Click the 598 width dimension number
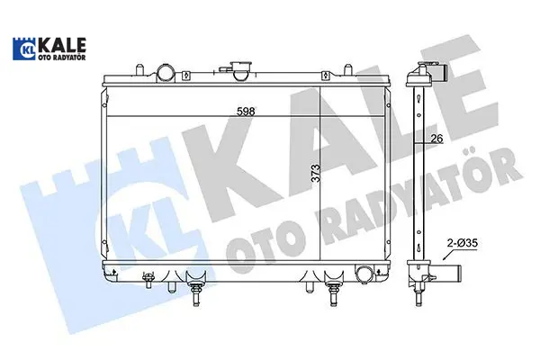pos(246,112)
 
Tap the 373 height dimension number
pos(315,174)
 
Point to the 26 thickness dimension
pos(436,138)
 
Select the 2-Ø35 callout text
pos(463,243)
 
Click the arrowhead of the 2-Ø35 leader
pos(445,257)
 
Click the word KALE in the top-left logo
pos(61,45)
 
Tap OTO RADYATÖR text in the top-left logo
pos(61,58)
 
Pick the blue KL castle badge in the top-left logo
pos(24,49)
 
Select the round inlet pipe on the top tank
pos(165,72)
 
